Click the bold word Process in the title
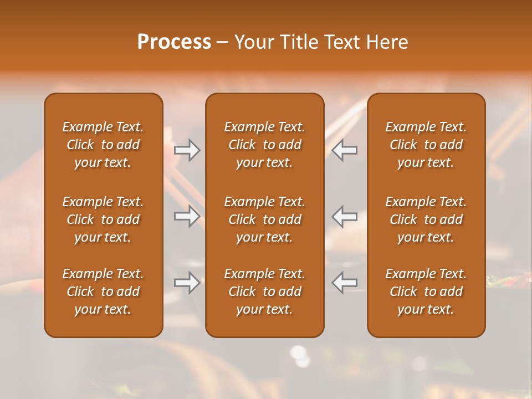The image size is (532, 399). coord(174,42)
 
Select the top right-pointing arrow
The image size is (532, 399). coord(187,150)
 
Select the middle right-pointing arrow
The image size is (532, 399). coord(187,216)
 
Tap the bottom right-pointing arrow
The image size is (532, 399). coord(187,283)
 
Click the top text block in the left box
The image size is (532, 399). coord(103,145)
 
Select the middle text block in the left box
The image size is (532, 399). coord(103,219)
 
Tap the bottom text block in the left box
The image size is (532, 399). coord(103,291)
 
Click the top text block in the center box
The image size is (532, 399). coord(264,145)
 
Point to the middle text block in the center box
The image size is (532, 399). coord(264,219)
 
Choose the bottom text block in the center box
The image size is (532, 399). coord(264,291)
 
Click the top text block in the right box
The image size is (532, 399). coord(426,145)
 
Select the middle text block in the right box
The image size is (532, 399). coord(426,219)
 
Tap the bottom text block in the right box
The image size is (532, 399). coord(426,291)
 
